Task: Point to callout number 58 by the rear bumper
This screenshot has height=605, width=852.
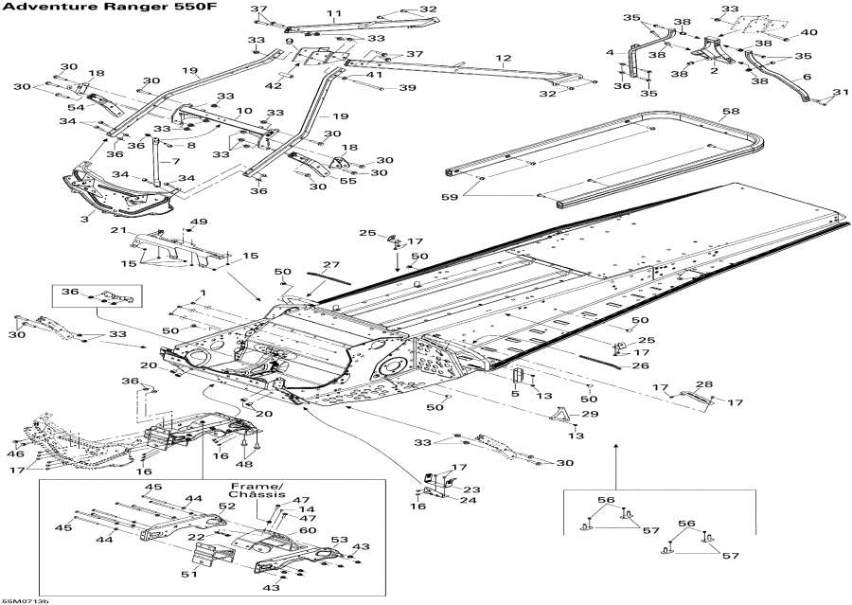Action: tap(731, 112)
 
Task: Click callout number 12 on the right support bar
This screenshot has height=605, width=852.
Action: tap(504, 59)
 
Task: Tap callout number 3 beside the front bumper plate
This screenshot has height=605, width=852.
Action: tap(86, 219)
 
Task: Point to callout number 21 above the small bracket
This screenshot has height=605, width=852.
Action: tap(117, 230)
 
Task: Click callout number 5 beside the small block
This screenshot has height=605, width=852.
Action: tap(515, 394)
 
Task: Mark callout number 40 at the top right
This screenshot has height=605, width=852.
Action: tap(808, 33)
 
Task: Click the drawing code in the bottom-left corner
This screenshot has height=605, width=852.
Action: tap(26, 599)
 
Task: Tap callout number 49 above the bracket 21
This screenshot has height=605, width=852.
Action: tap(199, 222)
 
